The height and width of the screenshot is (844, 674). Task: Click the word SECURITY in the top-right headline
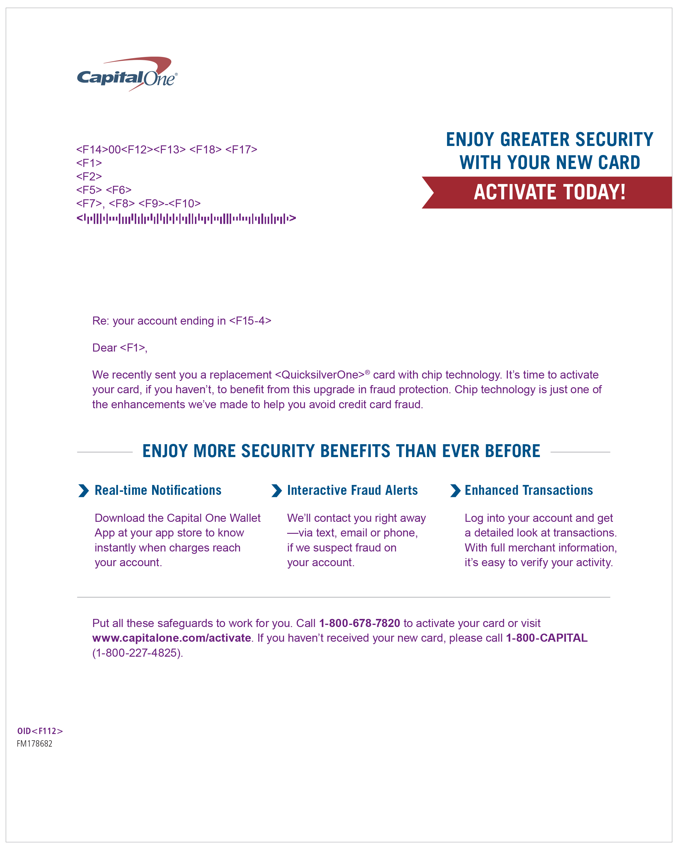tap(614, 140)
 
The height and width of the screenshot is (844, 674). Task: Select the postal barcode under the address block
tap(186, 218)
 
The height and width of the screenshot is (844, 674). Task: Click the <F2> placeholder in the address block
tap(89, 177)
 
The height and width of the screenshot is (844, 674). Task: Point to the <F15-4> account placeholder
tap(250, 321)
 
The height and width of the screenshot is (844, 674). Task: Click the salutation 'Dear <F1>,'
tap(119, 348)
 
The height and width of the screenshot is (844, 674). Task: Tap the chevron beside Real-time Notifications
tap(83, 491)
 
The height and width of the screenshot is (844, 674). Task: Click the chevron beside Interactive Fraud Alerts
tap(276, 491)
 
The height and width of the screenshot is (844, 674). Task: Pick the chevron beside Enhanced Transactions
tap(455, 491)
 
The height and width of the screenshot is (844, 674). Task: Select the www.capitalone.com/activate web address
tap(171, 638)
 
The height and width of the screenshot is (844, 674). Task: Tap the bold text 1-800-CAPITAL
tap(546, 638)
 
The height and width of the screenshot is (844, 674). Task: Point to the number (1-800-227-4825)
tap(137, 653)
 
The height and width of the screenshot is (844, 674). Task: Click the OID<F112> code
tap(40, 731)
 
